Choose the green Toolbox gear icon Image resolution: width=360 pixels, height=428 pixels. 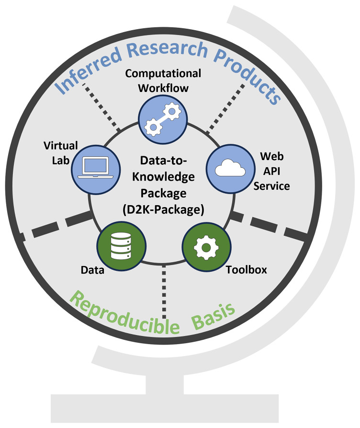click(206, 247)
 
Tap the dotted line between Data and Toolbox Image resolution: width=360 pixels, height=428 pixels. click(164, 292)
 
